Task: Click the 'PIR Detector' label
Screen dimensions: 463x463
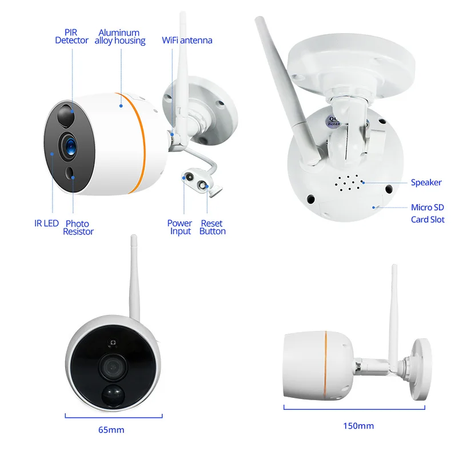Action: [72, 37]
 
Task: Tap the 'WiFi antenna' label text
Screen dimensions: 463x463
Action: [187, 40]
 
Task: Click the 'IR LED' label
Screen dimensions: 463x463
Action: [46, 223]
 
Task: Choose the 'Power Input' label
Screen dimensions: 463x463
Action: [180, 227]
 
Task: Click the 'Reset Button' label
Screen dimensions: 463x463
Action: [212, 227]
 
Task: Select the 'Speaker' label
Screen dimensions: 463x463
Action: [426, 182]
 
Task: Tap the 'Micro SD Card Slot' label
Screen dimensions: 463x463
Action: [427, 213]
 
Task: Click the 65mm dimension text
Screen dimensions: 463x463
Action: [111, 429]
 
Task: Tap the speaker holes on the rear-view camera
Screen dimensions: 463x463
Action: [348, 183]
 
